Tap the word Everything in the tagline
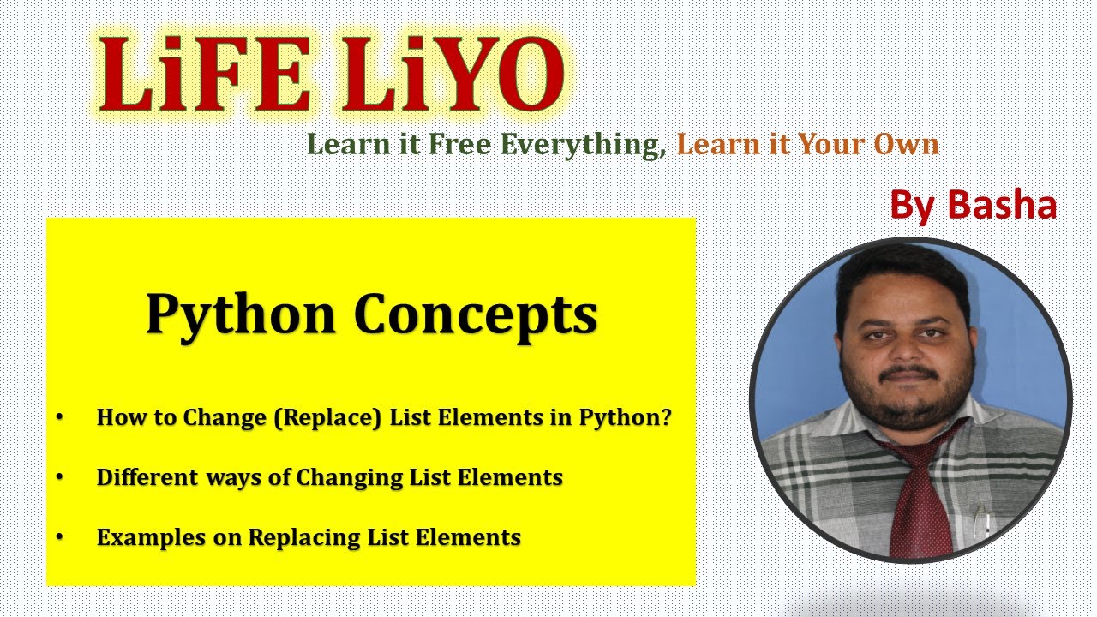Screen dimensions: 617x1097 tap(583, 145)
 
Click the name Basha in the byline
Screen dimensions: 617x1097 tap(1002, 205)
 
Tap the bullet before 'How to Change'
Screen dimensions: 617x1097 tap(59, 417)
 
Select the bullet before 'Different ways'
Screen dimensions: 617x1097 tap(59, 477)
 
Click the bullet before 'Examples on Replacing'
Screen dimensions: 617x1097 tap(59, 537)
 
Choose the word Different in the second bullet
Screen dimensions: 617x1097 tap(147, 477)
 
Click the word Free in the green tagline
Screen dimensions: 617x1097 tap(461, 145)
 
